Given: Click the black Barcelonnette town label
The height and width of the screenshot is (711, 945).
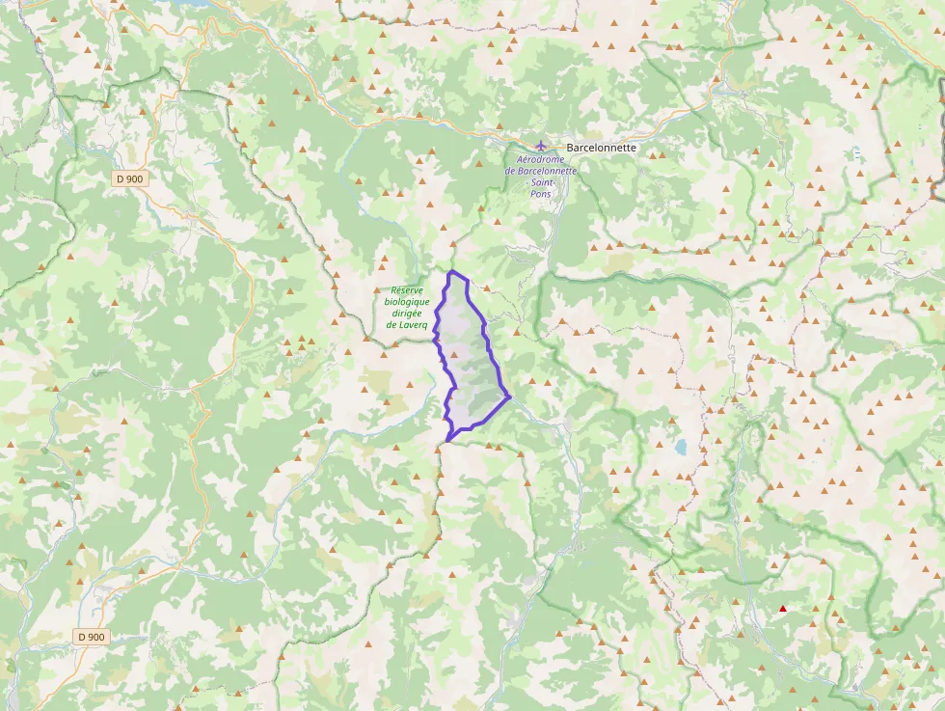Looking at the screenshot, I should [602, 148].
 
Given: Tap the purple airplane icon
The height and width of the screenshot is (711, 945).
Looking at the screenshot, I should [541, 146].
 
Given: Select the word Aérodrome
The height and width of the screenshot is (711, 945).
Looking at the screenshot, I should [541, 159].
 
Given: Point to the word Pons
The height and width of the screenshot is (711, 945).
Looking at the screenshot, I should [541, 194].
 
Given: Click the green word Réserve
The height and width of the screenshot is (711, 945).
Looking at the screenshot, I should [407, 290].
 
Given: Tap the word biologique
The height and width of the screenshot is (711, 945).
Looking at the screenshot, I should [407, 302].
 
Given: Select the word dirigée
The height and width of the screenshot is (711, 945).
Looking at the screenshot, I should [408, 314].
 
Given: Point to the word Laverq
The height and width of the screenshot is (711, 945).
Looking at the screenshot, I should [416, 325].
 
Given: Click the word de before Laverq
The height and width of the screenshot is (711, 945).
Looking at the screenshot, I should [391, 325].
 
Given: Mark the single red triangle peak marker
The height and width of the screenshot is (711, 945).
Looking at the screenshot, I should [783, 609].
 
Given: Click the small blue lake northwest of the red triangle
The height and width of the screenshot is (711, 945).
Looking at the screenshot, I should [682, 447].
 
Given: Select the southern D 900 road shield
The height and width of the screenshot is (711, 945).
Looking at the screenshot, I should [92, 637].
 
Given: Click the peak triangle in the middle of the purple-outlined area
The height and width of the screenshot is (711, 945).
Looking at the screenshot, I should [453, 355].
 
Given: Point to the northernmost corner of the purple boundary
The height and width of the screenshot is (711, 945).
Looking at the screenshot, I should [450, 272].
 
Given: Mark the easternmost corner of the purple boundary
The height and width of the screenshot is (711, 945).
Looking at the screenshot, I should [509, 396].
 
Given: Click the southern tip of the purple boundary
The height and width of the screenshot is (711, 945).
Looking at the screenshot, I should [447, 441].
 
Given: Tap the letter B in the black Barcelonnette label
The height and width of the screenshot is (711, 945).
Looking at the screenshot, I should [571, 148].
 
